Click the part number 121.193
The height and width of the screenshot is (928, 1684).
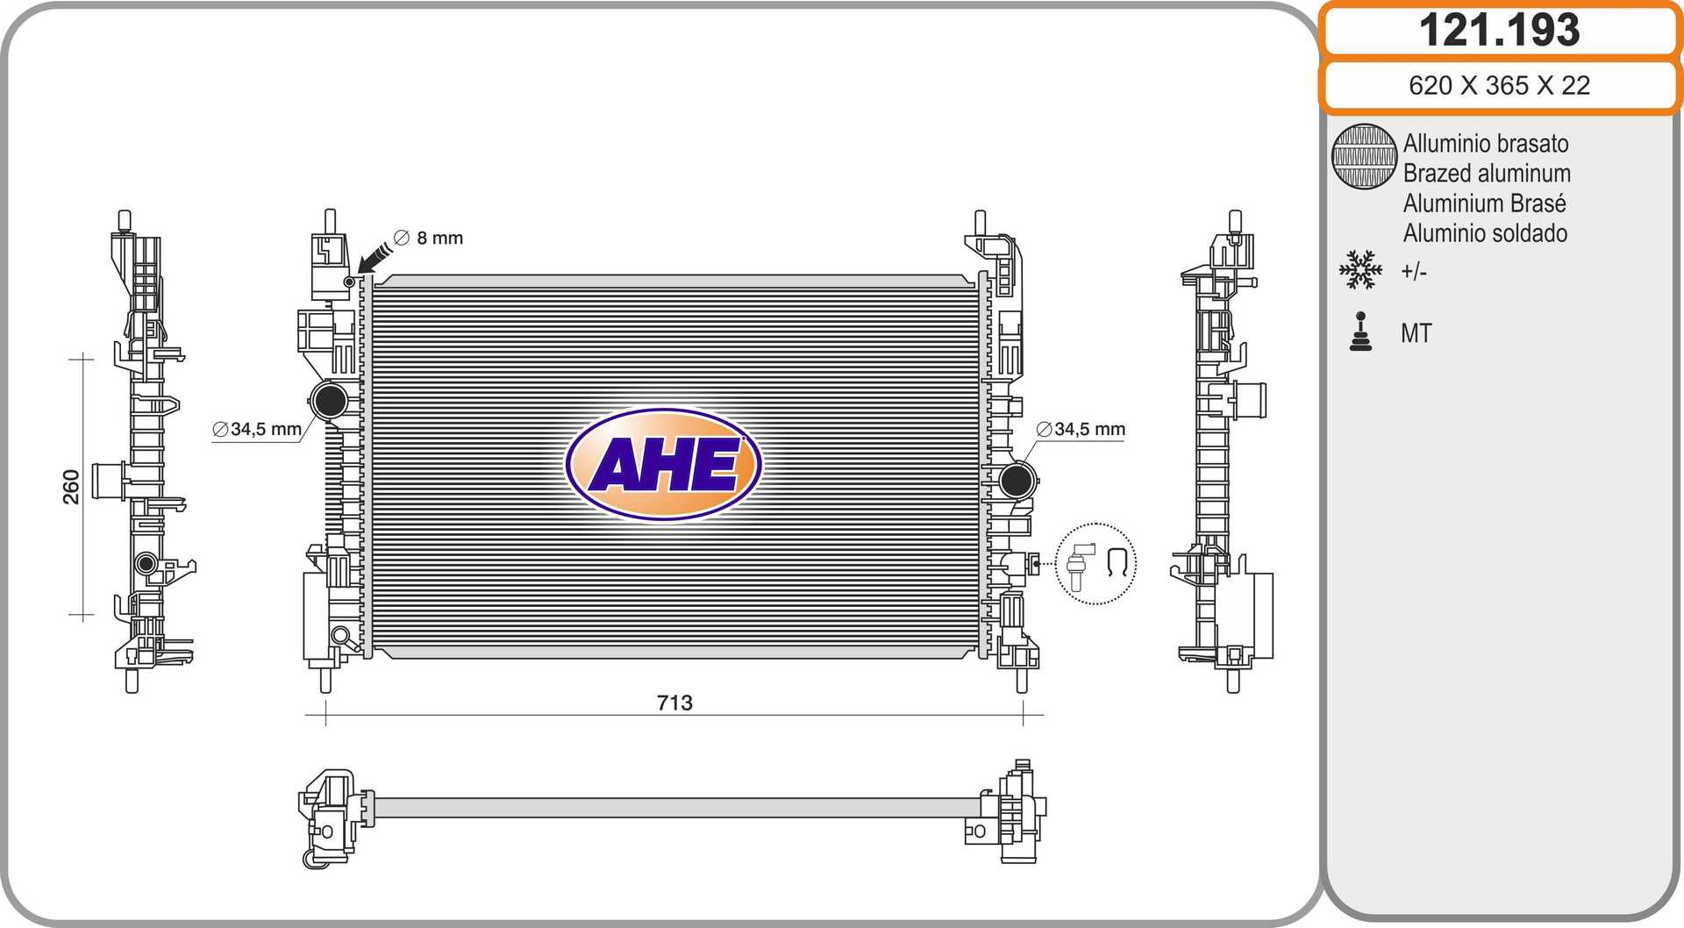(x=1499, y=30)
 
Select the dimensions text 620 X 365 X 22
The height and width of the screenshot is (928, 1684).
(x=1499, y=85)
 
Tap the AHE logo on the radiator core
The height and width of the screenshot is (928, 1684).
(x=664, y=464)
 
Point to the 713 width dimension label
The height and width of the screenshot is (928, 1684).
(x=674, y=703)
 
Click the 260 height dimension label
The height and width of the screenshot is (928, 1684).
(x=71, y=487)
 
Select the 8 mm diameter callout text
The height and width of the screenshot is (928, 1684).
(x=428, y=238)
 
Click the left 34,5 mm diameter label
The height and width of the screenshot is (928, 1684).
(x=257, y=429)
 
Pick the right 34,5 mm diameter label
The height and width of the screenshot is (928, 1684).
(x=1081, y=429)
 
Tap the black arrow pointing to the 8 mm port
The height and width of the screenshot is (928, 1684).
(x=375, y=258)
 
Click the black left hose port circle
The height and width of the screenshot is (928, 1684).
(x=330, y=401)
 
